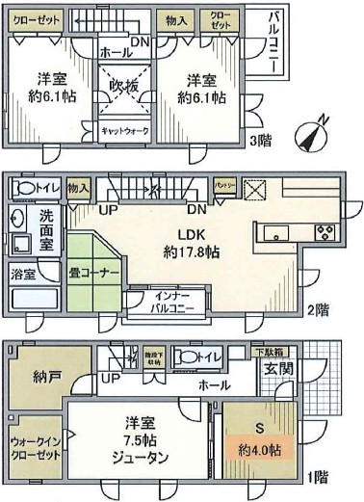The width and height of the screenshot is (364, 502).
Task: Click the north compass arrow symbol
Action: pyautogui.click(x=314, y=134)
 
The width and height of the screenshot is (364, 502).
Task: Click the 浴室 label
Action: pyautogui.click(x=25, y=275)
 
